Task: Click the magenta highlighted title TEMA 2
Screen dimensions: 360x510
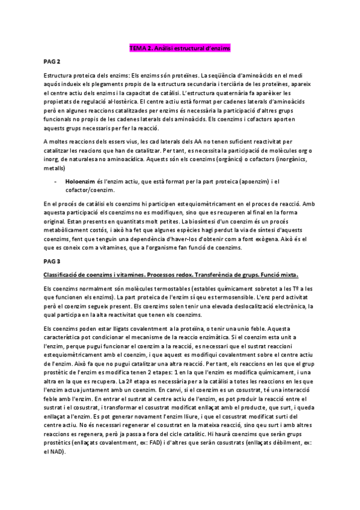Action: pos(180,47)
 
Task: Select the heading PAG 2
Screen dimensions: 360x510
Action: pos(52,62)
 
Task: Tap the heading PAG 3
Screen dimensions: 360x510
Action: pos(52,262)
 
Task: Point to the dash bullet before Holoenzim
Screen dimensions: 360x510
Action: pos(55,181)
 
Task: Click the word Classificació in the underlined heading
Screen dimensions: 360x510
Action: pos(63,274)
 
